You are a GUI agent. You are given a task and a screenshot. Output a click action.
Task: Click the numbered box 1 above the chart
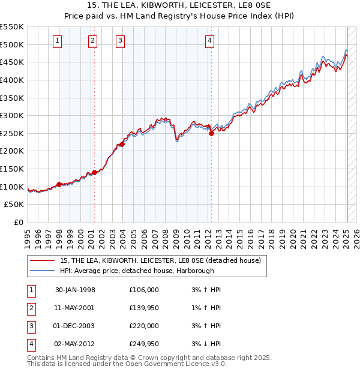(56, 41)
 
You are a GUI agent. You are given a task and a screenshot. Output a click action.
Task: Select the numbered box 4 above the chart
(209, 41)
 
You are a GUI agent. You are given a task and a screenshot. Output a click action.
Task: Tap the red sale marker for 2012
(211, 134)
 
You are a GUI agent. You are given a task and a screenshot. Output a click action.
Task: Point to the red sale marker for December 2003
(122, 144)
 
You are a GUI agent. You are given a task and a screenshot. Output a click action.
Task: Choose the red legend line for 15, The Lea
(43, 261)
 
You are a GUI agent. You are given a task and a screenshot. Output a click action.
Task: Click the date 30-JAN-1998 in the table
(75, 290)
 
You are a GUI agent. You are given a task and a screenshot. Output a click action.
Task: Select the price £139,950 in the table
(144, 308)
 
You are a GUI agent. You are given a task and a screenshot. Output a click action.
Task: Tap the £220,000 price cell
(144, 326)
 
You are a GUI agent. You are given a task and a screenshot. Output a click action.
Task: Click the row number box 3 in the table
(30, 326)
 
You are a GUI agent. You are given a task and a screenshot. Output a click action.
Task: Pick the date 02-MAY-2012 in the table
(75, 344)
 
